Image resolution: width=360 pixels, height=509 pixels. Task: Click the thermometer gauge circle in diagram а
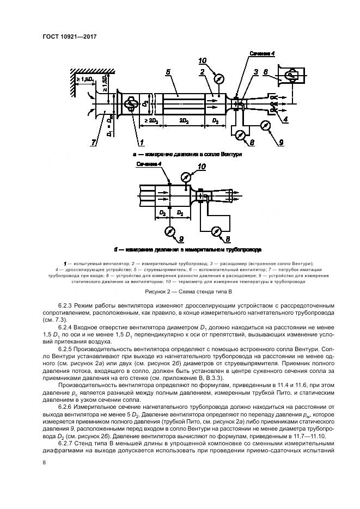coord(219,78)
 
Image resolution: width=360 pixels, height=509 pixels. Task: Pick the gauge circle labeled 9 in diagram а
coord(265,125)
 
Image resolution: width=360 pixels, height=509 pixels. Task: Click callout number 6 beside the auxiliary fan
coord(265,71)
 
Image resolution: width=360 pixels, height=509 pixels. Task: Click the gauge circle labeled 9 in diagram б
coord(170,231)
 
